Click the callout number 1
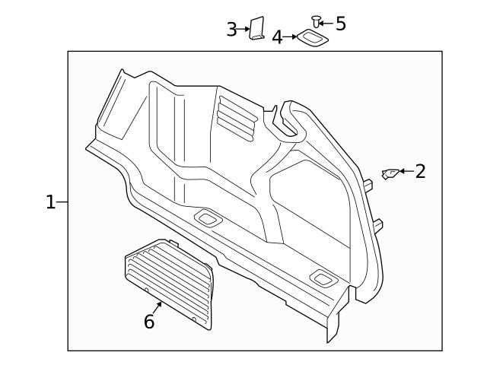[50, 202]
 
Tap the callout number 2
[419, 171]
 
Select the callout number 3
[232, 30]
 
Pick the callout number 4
[278, 36]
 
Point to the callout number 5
[340, 24]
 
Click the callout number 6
[149, 322]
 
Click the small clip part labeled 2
[389, 174]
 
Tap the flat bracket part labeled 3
[257, 29]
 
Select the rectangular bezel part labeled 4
[310, 37]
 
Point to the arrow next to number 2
[405, 172]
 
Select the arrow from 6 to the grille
[157, 307]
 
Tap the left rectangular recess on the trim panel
[206, 219]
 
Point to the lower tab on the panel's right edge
[378, 224]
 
